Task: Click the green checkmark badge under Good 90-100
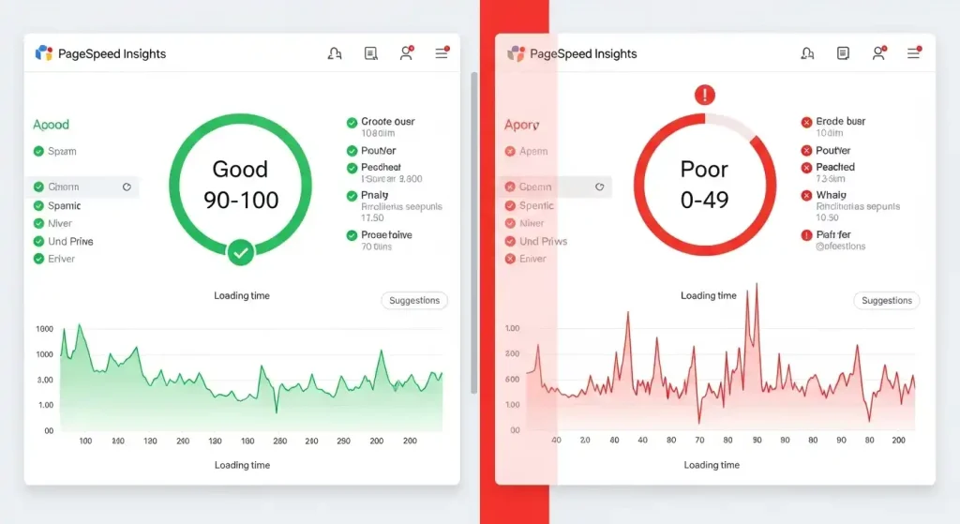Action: (241, 251)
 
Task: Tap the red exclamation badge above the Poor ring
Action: (704, 95)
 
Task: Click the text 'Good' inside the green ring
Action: (240, 170)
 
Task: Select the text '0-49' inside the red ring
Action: (704, 200)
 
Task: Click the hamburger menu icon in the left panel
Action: (441, 53)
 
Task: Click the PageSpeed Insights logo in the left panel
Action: (43, 53)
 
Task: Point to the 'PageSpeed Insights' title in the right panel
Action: (583, 53)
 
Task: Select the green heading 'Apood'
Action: (51, 125)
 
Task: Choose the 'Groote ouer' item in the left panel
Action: (387, 122)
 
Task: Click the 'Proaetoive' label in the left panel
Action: (386, 235)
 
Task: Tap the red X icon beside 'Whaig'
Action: (806, 196)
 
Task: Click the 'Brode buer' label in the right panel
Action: (840, 122)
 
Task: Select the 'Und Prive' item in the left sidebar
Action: (70, 241)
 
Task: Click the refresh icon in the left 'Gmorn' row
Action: (127, 187)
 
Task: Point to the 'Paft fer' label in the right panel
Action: (833, 235)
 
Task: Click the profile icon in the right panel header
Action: (878, 53)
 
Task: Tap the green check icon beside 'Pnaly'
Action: (352, 196)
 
